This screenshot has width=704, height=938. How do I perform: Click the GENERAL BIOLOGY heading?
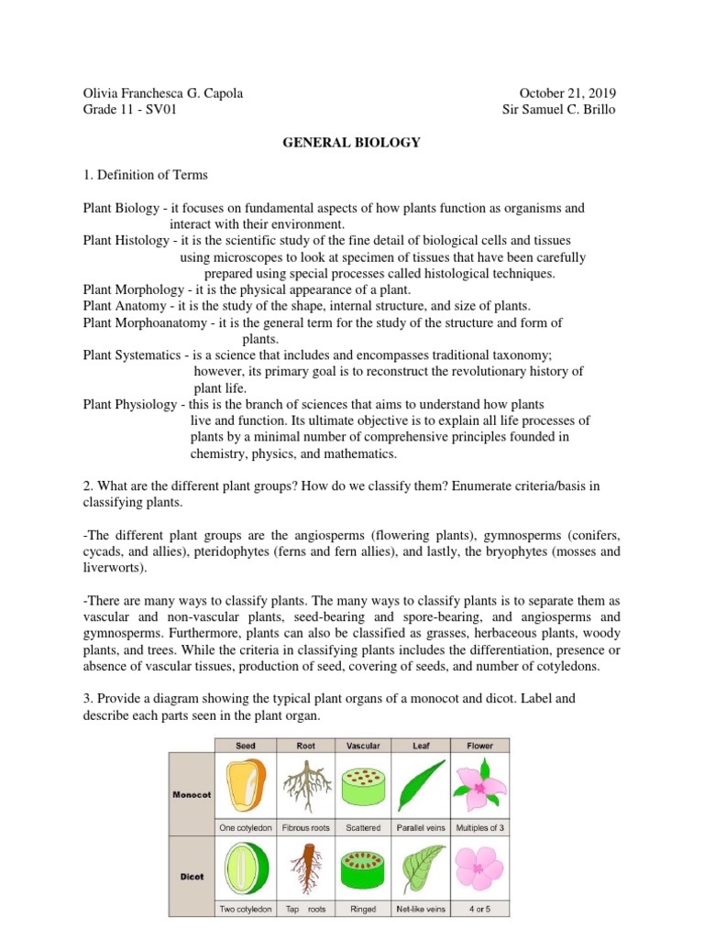[352, 142]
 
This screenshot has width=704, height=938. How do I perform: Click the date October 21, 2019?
[567, 93]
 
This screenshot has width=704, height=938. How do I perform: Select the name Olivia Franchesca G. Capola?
[162, 93]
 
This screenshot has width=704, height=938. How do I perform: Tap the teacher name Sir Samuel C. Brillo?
[559, 110]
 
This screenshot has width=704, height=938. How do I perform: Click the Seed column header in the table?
[246, 746]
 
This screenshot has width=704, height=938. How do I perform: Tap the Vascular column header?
[363, 746]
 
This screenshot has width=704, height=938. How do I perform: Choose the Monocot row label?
[192, 794]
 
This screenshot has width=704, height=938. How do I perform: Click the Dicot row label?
[192, 877]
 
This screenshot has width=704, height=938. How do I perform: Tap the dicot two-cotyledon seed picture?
[246, 867]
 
